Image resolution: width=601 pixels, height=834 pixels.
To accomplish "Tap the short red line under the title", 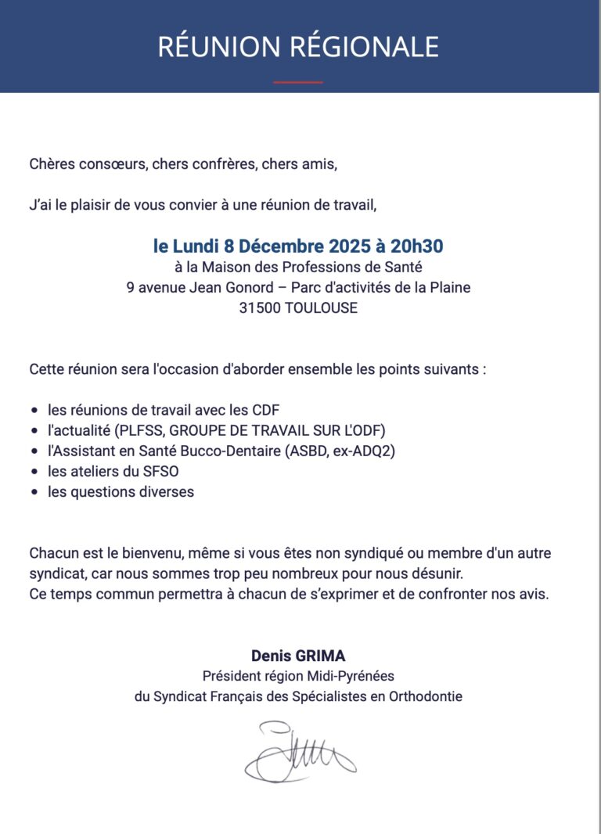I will (x=298, y=82).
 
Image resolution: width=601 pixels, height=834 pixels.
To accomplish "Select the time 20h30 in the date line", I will (x=416, y=246).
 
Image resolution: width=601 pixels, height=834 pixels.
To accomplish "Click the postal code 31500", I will (x=257, y=308).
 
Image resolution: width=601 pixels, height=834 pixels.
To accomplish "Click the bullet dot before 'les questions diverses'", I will (x=34, y=493).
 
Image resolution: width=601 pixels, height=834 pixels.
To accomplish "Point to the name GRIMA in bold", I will (x=324, y=655).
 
